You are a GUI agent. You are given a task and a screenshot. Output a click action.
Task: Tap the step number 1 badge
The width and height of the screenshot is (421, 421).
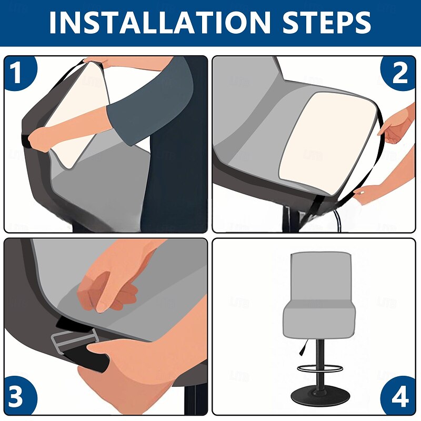(18, 73)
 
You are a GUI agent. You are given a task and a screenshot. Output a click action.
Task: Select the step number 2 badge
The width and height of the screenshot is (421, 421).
(398, 73)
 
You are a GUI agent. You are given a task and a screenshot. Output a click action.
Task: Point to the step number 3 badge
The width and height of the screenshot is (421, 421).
(18, 397)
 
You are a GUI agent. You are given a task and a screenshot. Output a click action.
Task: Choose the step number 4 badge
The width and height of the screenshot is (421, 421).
(399, 397)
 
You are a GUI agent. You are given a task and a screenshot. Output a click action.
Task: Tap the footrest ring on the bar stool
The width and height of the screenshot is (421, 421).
(320, 368)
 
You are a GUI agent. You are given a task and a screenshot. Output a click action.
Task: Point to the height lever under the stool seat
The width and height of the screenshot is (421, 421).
(303, 347)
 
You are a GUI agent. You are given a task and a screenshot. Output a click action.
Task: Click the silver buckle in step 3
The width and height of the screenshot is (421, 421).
(74, 340)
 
